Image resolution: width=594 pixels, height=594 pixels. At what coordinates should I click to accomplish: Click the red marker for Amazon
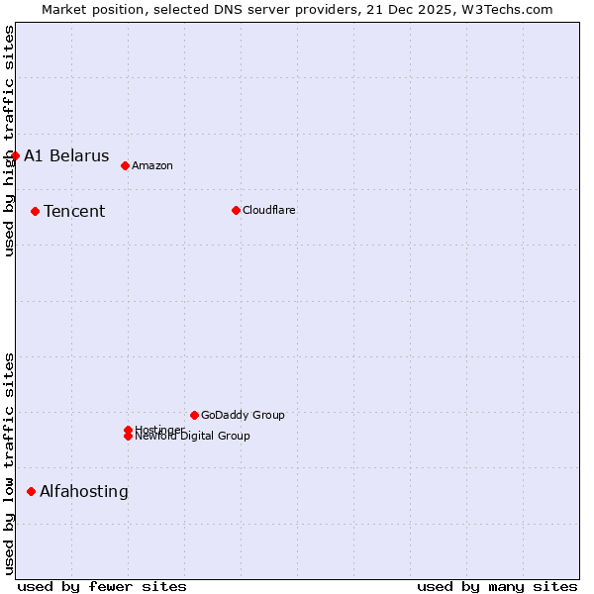tap(125, 165)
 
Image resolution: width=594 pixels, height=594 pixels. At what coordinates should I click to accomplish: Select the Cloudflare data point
tap(236, 210)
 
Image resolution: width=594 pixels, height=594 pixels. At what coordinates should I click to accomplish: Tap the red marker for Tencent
tap(35, 211)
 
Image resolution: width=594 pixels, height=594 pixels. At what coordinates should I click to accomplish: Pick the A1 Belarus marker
tap(15, 155)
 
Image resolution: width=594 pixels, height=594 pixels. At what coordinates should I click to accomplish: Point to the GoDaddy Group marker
tap(194, 415)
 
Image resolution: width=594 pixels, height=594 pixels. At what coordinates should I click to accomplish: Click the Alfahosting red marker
tap(31, 491)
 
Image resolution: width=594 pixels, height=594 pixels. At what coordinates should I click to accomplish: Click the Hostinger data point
tap(128, 430)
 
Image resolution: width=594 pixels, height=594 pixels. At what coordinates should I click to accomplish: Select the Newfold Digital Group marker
tap(128, 437)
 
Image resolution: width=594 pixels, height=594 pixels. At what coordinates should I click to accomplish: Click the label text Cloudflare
tap(269, 210)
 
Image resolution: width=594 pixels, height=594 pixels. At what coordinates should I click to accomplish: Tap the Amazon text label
tap(152, 165)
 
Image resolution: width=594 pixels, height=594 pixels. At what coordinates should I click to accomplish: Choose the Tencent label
tap(74, 211)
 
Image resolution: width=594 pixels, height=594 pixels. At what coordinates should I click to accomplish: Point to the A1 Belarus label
tap(66, 155)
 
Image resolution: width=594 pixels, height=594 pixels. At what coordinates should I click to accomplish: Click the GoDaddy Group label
tap(243, 415)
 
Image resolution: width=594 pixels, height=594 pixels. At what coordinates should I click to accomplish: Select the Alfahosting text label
tap(84, 491)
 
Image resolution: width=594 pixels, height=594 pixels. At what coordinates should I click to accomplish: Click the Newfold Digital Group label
tap(193, 437)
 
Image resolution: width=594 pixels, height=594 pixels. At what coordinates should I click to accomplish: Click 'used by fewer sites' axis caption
tap(102, 586)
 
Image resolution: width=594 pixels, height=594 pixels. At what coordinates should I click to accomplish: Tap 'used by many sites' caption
tap(497, 586)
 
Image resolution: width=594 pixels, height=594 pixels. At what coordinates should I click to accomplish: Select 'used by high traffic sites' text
tap(9, 141)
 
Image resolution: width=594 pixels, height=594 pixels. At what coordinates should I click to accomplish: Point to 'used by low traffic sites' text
tap(9, 463)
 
